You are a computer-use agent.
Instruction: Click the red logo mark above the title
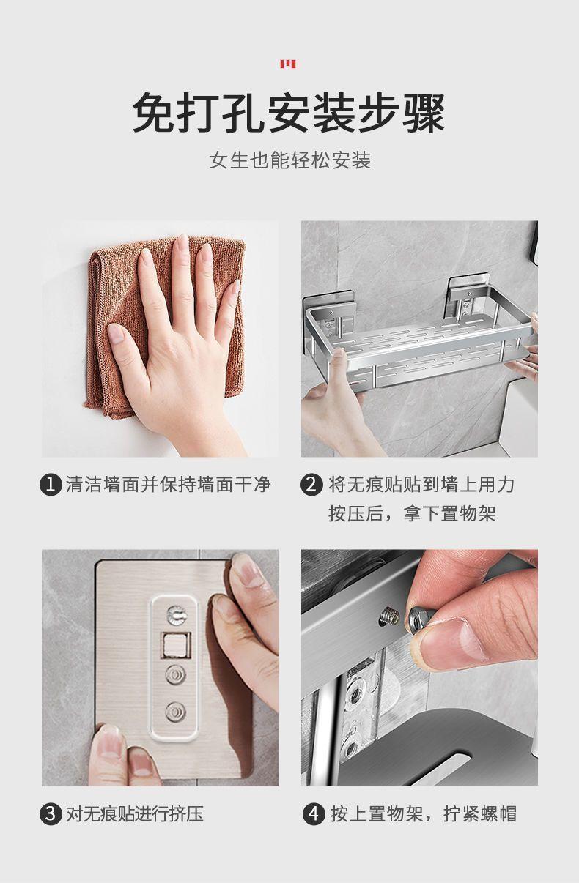tap(288, 64)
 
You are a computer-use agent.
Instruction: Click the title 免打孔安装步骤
tap(289, 112)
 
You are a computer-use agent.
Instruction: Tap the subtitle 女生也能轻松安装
tap(290, 160)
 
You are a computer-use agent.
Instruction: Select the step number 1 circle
tap(51, 484)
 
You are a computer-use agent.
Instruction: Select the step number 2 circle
tap(311, 484)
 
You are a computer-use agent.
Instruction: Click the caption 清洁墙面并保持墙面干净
tap(168, 484)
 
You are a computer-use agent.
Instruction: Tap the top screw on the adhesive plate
tap(177, 615)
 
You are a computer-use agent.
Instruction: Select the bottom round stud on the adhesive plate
tap(176, 712)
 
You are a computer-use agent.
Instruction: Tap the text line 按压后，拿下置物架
tap(412, 514)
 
